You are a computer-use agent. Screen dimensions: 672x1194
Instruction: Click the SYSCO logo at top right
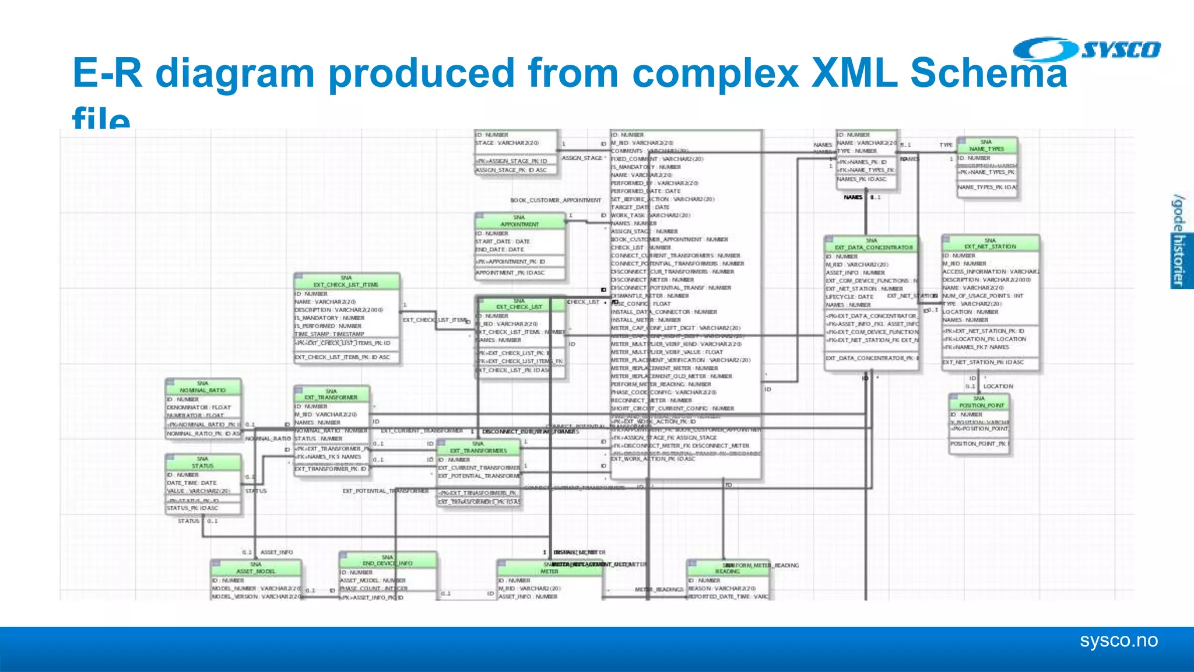(1087, 50)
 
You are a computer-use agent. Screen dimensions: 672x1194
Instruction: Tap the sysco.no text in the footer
(1118, 640)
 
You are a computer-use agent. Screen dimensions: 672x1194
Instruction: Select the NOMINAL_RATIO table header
(203, 387)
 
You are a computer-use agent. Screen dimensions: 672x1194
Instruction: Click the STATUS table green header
(203, 463)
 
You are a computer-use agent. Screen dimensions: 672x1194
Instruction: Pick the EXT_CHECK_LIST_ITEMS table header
(346, 281)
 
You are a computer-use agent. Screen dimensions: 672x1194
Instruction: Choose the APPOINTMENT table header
(519, 220)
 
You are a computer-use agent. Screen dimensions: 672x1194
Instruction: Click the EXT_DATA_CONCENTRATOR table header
(872, 244)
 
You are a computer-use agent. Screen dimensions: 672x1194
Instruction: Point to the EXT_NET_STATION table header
(990, 243)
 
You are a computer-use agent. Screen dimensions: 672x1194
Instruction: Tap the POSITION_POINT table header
(979, 402)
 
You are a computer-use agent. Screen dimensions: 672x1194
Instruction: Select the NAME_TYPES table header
(986, 145)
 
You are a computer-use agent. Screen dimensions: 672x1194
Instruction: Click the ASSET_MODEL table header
(256, 568)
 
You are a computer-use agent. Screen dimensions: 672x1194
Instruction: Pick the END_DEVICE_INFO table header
(388, 560)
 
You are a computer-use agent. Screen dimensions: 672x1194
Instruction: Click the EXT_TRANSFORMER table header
(331, 394)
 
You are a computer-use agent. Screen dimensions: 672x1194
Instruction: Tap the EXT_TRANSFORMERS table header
(478, 447)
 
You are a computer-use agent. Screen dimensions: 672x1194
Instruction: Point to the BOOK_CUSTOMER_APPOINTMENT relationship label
(556, 200)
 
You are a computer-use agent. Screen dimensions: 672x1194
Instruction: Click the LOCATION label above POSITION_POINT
(998, 386)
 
